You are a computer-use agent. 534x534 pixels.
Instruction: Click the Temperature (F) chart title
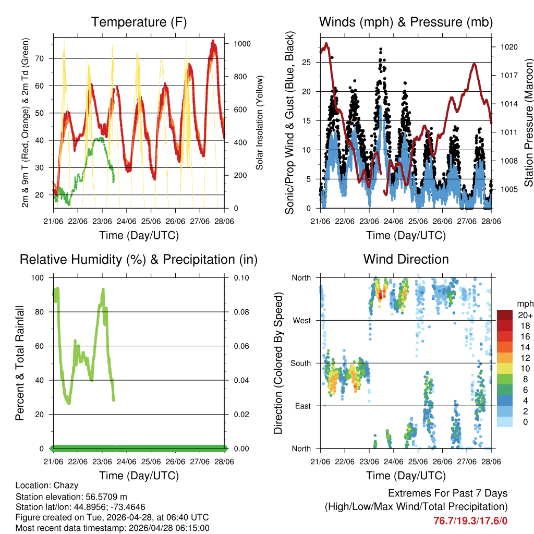(139, 22)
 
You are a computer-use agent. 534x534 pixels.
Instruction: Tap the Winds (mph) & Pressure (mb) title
(406, 22)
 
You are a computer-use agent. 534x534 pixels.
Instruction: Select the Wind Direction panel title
(406, 259)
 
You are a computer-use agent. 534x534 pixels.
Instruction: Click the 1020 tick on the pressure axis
(508, 47)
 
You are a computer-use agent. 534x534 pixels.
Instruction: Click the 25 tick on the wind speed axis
(307, 62)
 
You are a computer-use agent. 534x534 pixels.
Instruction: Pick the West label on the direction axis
(301, 320)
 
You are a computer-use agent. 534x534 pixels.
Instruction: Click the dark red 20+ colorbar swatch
(505, 315)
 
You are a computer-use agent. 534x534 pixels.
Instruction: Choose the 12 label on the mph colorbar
(525, 358)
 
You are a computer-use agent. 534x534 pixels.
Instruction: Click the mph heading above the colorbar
(525, 304)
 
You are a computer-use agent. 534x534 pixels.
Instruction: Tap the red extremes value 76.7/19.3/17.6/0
(470, 520)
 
